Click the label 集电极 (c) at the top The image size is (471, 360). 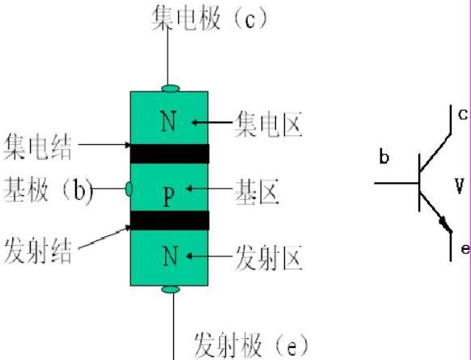click(x=210, y=18)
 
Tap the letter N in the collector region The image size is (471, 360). click(x=168, y=121)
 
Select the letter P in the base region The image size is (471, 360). click(x=169, y=197)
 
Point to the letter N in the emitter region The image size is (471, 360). click(x=170, y=256)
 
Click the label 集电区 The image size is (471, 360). click(x=268, y=124)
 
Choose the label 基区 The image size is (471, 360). click(x=257, y=193)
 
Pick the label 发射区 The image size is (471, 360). click(x=269, y=258)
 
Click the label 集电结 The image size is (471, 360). click(x=37, y=147)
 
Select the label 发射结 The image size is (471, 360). click(x=38, y=252)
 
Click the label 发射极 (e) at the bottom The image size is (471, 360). click(x=252, y=345)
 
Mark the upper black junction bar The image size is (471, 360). click(x=170, y=154)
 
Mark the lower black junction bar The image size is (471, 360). click(x=170, y=220)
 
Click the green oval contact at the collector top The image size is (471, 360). click(x=171, y=88)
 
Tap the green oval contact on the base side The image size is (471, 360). click(x=129, y=188)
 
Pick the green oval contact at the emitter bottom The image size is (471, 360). click(x=171, y=290)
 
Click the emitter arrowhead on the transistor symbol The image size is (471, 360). click(x=445, y=225)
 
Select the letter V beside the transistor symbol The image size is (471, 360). click(x=460, y=186)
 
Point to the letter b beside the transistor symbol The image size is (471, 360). click(x=384, y=156)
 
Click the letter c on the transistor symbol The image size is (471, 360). click(x=463, y=114)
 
